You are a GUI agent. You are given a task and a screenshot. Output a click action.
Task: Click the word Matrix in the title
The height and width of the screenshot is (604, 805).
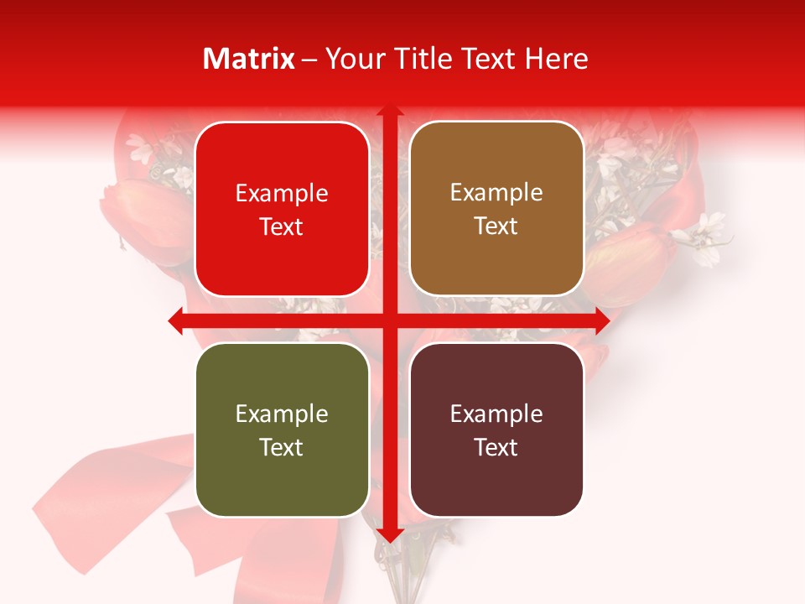coord(249,59)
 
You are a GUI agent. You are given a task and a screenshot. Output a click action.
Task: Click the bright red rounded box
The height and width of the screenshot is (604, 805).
coord(282,209)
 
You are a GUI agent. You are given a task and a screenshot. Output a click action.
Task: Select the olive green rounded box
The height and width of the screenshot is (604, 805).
coord(282,430)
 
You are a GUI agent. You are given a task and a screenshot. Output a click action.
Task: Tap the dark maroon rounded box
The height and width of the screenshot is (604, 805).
coord(496,430)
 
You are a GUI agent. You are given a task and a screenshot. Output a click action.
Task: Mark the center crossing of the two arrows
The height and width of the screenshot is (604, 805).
coord(389,320)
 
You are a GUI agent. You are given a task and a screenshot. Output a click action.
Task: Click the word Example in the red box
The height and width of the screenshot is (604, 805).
coord(282,194)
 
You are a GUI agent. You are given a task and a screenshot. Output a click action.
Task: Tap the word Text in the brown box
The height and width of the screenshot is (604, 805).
coord(496,226)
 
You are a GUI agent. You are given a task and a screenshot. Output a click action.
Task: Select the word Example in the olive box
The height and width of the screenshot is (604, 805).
coord(282,414)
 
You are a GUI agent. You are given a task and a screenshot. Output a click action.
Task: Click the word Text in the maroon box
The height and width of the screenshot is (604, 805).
coord(496,447)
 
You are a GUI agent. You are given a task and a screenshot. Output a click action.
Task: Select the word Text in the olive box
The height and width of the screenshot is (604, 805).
coord(282,447)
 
